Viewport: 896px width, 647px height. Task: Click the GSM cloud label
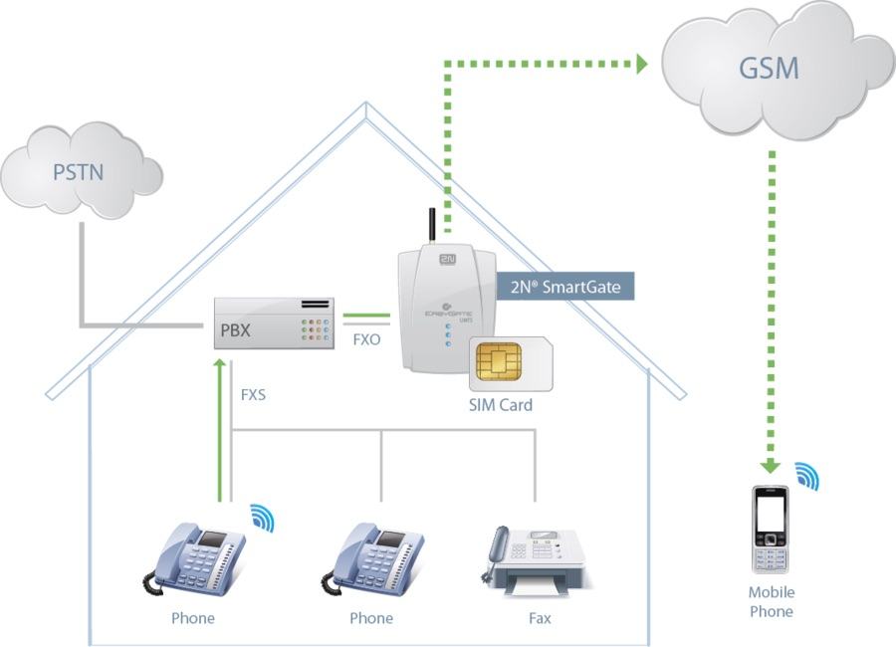click(770, 69)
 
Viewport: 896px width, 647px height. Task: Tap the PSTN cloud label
click(78, 172)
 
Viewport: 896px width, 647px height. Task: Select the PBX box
click(275, 323)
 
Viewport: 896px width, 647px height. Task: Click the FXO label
click(365, 339)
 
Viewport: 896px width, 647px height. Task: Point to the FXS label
click(254, 394)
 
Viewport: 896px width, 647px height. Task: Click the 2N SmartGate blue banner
click(564, 288)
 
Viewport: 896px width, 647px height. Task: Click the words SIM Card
click(501, 405)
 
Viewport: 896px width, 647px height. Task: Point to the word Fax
click(540, 618)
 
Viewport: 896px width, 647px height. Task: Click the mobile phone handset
click(771, 531)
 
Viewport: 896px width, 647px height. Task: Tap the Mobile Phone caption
click(772, 602)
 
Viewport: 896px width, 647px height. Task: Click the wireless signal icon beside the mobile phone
click(806, 476)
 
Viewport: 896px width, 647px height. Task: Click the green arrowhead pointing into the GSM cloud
click(637, 65)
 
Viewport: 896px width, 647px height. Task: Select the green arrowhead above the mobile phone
click(770, 464)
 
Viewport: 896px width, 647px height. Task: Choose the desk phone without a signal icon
click(371, 560)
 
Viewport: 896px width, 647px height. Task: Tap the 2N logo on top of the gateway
click(444, 256)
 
